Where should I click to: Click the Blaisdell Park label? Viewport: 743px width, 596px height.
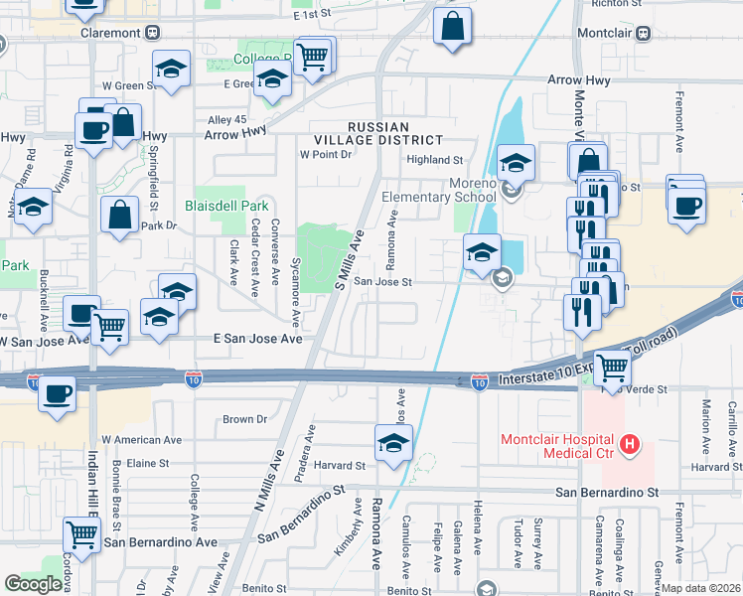coord(226,207)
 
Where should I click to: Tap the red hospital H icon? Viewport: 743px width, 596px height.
coord(628,445)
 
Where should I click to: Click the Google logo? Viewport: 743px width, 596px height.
coord(33,584)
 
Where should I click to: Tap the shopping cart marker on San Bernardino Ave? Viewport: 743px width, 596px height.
coord(81,534)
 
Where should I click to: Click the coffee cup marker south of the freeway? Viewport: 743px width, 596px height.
coord(57,394)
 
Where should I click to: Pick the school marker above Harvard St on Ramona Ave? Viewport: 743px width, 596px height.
coord(393,442)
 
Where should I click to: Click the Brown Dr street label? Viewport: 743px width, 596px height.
coord(245,419)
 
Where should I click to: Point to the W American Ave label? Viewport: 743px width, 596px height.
coord(142,439)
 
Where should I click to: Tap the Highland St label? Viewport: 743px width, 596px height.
coord(435,159)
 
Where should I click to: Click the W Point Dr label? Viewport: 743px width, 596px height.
coord(326,155)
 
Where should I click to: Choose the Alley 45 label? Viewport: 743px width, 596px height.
coord(226,119)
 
